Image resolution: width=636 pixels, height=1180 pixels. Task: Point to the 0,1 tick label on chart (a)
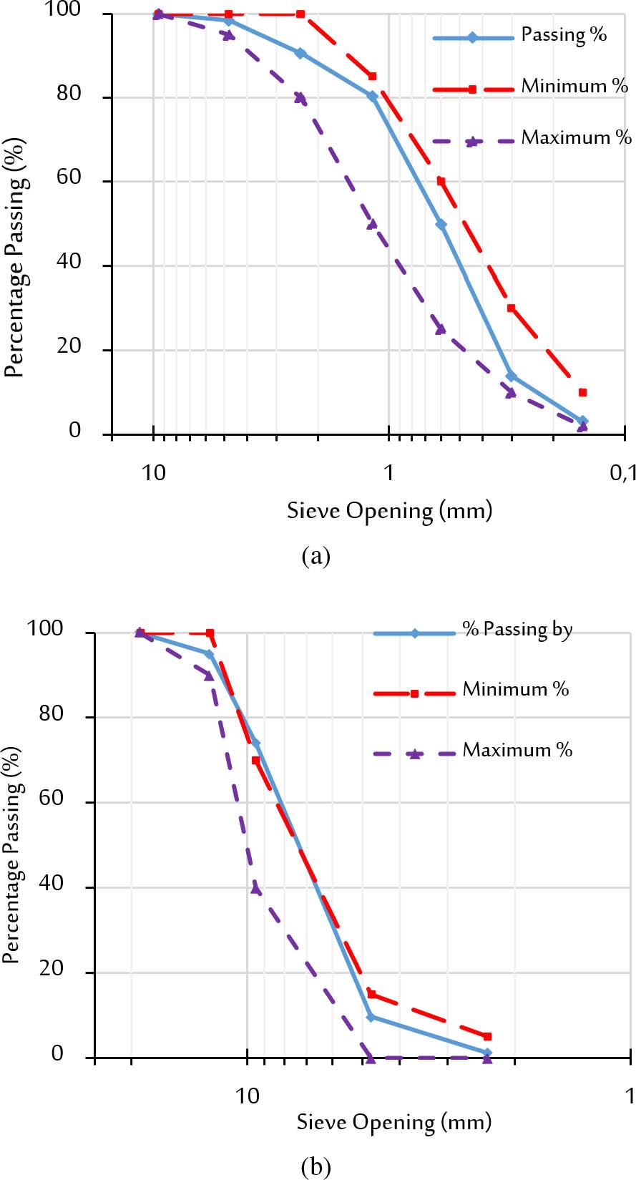click(x=623, y=473)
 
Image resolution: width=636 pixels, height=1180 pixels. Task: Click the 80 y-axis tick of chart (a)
click(x=69, y=94)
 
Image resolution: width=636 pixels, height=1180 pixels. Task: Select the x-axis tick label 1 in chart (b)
click(x=630, y=1096)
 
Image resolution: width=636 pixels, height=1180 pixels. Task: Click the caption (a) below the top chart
click(x=316, y=556)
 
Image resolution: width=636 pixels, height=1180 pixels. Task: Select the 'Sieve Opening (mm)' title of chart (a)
click(x=390, y=511)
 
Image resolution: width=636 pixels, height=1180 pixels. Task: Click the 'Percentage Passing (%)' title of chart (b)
click(x=12, y=854)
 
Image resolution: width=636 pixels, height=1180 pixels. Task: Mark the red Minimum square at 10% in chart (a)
click(x=582, y=392)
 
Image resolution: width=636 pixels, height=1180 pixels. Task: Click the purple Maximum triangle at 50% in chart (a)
click(x=372, y=224)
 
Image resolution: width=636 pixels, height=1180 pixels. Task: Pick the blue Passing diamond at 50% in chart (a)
click(x=441, y=225)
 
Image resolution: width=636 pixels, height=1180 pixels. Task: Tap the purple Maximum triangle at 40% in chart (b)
click(x=256, y=889)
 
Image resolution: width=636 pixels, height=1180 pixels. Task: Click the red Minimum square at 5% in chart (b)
click(x=487, y=1036)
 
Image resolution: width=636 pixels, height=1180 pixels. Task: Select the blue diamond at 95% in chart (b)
click(x=209, y=654)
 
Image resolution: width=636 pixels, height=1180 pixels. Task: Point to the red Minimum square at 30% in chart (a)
click(x=512, y=308)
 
